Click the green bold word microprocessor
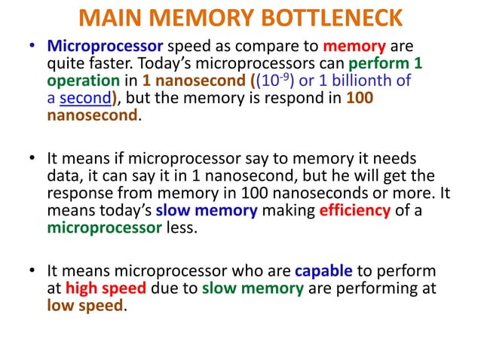pyautogui.click(x=103, y=227)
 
